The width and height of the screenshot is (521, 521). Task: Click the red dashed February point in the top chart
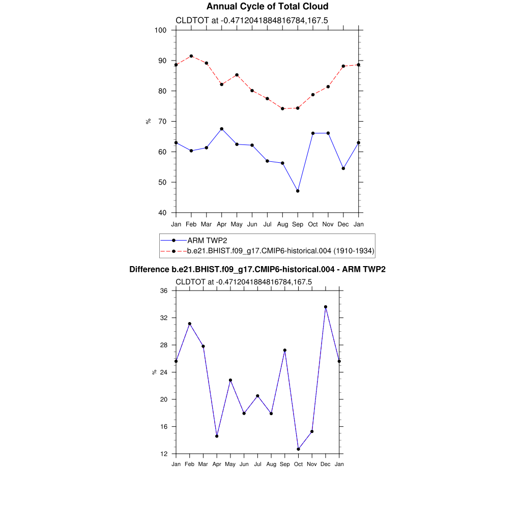click(191, 56)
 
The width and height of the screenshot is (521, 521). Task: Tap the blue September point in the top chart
click(298, 191)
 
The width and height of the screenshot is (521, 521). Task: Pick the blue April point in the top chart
click(222, 129)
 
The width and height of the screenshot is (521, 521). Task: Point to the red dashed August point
click(282, 108)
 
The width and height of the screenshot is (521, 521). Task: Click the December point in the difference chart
click(326, 307)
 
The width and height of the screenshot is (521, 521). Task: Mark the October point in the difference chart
click(299, 449)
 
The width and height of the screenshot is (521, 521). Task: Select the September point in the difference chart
click(285, 350)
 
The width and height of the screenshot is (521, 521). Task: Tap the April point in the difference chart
click(217, 436)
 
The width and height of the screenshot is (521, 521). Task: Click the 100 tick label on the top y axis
click(161, 30)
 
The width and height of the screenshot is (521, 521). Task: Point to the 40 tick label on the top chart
click(163, 213)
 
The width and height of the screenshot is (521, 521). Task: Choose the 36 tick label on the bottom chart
click(164, 291)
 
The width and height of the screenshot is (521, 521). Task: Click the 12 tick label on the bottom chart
click(164, 453)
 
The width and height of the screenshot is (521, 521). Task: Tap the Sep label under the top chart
click(298, 224)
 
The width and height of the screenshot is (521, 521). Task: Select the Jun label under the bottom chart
click(244, 464)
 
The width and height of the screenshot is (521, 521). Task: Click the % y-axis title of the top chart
click(149, 121)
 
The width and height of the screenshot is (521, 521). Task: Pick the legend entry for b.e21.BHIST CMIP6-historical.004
click(281, 250)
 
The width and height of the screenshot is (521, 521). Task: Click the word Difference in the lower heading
click(149, 270)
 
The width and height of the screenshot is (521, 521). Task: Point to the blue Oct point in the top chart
click(313, 133)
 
